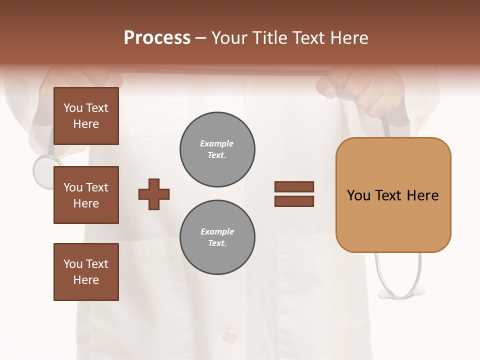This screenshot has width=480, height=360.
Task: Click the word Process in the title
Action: (x=157, y=38)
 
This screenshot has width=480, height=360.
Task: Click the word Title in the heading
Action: (x=269, y=38)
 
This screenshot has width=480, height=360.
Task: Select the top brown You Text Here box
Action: (x=86, y=116)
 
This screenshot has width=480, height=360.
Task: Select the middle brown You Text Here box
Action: (x=86, y=195)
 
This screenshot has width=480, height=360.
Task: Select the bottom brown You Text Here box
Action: (x=86, y=271)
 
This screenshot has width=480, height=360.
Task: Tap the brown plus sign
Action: (x=154, y=194)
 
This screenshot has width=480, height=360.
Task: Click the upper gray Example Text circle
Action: (x=217, y=149)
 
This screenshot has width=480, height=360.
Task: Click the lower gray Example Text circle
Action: (x=217, y=237)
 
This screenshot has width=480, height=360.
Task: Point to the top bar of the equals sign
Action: (x=294, y=186)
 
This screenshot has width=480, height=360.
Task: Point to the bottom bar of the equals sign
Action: (x=294, y=201)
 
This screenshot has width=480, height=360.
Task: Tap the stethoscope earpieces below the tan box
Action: (x=400, y=290)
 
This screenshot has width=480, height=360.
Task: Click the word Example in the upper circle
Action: (x=216, y=143)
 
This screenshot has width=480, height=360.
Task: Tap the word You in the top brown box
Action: (x=73, y=108)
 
